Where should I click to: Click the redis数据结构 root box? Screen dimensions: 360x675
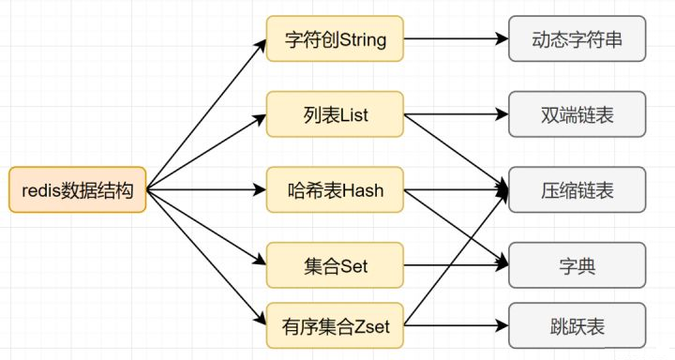click(77, 190)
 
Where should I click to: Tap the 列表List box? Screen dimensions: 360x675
click(335, 115)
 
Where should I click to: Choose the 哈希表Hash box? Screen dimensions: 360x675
click(335, 190)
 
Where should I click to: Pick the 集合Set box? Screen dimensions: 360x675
click(335, 265)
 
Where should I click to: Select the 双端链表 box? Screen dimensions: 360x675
click(577, 115)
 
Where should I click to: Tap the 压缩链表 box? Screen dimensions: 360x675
click(577, 190)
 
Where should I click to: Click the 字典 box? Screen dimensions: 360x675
click(577, 265)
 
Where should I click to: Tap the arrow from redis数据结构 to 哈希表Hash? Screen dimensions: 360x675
click(206, 190)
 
